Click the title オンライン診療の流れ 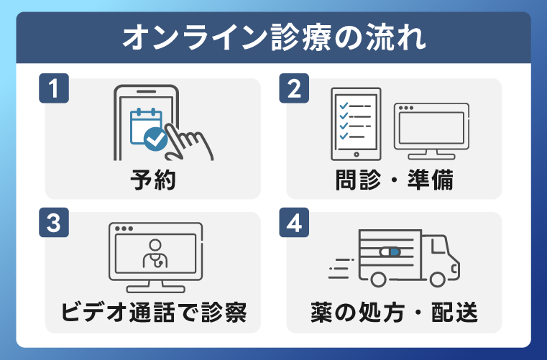273,37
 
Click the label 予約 153,180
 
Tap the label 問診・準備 394,180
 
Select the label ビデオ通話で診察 153,313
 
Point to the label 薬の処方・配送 394,313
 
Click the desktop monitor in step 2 431,129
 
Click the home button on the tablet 355,153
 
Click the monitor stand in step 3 155,286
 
